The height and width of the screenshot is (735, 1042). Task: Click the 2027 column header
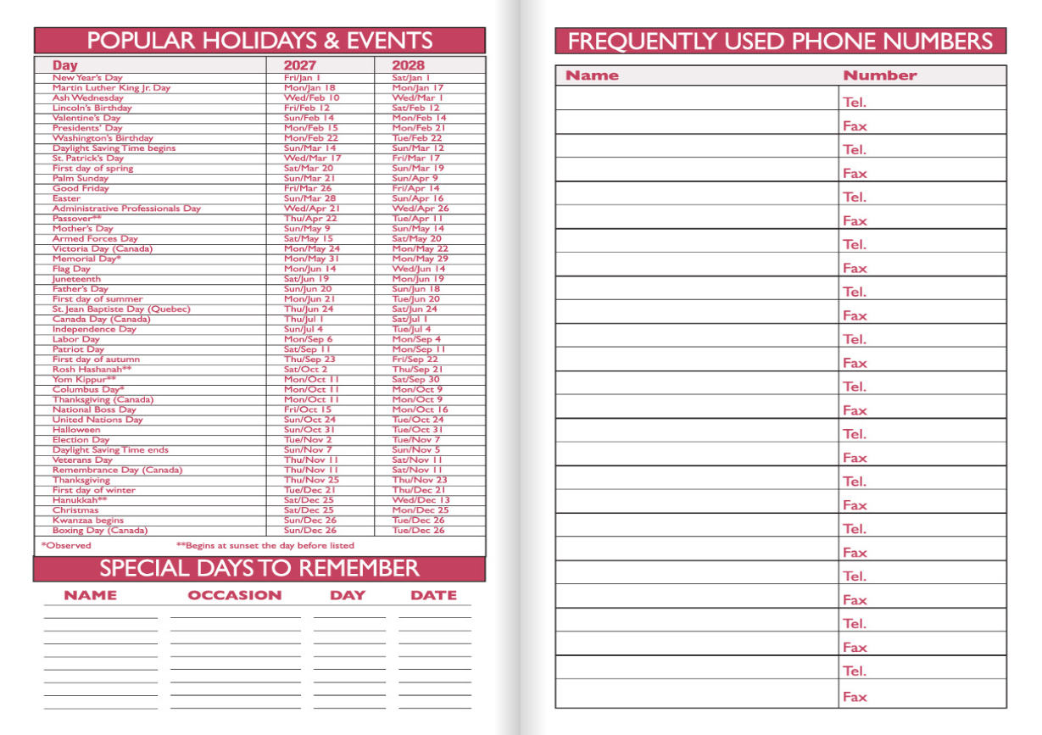pyautogui.click(x=300, y=65)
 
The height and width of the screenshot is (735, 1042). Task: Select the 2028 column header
pyautogui.click(x=408, y=65)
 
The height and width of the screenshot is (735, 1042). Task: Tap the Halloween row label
pyautogui.click(x=76, y=430)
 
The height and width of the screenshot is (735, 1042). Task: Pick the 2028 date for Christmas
pyautogui.click(x=420, y=510)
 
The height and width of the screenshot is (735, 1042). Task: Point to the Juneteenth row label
pyautogui.click(x=76, y=279)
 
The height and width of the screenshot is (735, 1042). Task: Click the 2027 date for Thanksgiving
pyautogui.click(x=311, y=480)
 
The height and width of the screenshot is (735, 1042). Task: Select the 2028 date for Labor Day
pyautogui.click(x=415, y=339)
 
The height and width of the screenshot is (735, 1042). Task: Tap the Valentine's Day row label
pyautogui.click(x=86, y=118)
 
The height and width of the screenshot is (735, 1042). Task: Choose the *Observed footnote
pyautogui.click(x=66, y=545)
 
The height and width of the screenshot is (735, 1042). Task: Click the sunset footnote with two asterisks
pyautogui.click(x=265, y=545)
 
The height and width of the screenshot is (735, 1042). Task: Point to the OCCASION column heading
pyautogui.click(x=234, y=595)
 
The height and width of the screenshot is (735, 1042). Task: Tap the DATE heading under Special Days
pyautogui.click(x=433, y=595)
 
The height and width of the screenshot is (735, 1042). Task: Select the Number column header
pyautogui.click(x=879, y=75)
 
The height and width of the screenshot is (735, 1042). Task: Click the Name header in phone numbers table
pyautogui.click(x=592, y=75)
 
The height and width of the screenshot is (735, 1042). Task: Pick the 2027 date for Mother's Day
pyautogui.click(x=307, y=229)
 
